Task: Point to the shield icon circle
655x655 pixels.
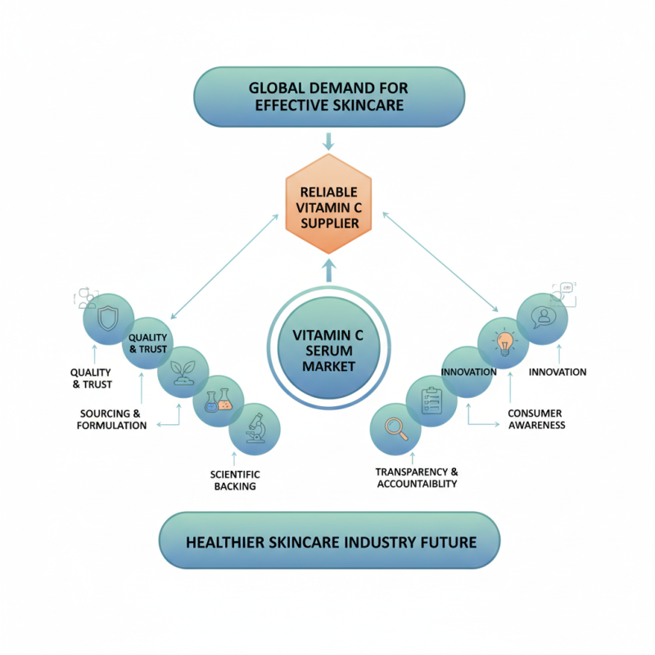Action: pyautogui.click(x=110, y=318)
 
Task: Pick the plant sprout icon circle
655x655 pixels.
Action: pyautogui.click(x=182, y=370)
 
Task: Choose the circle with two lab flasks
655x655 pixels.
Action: pyautogui.click(x=219, y=400)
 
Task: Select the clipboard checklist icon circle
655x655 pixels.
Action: pyautogui.click(x=431, y=400)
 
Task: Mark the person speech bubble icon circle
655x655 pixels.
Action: pyautogui.click(x=542, y=318)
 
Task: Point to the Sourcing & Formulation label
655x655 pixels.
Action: pyautogui.click(x=112, y=419)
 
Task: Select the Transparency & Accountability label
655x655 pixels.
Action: pyautogui.click(x=417, y=478)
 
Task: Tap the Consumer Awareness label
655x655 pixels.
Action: pyautogui.click(x=536, y=419)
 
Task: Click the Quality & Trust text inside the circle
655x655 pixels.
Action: pyautogui.click(x=147, y=343)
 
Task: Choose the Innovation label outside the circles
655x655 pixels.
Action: pyautogui.click(x=558, y=372)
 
